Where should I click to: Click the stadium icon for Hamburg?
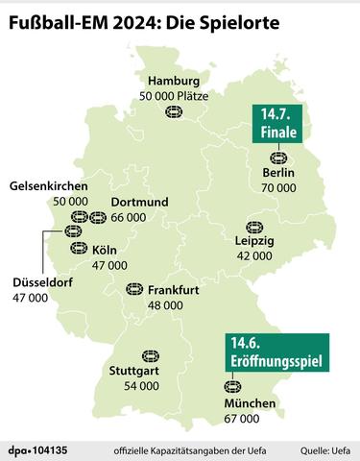pos(175,112)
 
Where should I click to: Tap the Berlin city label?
pos(277,173)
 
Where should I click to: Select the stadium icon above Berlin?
pos(278,157)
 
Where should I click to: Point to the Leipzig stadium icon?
pos(254,227)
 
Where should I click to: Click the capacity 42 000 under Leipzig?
pos(254,256)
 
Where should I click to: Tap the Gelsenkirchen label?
pos(49,185)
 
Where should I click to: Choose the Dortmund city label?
pos(139,203)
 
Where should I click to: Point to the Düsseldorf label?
pos(45,284)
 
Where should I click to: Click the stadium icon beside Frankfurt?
pos(135,289)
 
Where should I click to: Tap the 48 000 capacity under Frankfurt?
pos(165,304)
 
